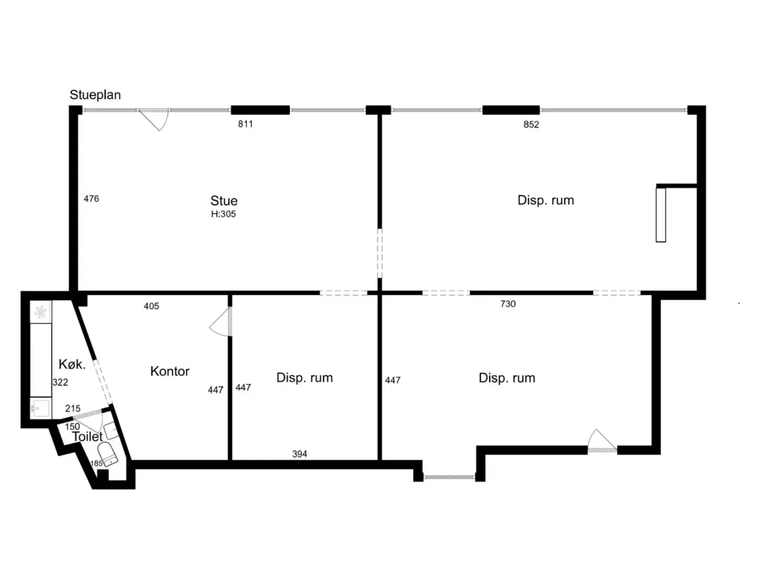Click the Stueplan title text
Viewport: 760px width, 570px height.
95,94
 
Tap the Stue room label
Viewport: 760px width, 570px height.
224,201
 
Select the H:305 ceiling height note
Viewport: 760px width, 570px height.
223,214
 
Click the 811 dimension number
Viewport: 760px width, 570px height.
245,124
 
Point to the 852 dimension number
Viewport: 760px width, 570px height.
531,124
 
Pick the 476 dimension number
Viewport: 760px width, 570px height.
91,199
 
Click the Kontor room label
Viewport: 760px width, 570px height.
170,371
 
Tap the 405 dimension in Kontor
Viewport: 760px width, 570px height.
151,306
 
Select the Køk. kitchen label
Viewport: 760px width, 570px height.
72,364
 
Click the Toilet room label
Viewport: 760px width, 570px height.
87,437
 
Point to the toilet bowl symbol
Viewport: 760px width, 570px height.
108,454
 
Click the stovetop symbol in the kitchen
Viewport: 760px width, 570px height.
40,312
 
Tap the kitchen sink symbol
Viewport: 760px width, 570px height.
40,408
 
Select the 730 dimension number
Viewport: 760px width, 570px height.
508,304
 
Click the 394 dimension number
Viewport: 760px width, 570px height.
299,454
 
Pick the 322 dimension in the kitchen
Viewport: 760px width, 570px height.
60,382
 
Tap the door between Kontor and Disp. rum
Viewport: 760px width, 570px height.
221,321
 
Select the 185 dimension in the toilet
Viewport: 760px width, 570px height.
96,463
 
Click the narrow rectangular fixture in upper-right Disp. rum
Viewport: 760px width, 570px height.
660,214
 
